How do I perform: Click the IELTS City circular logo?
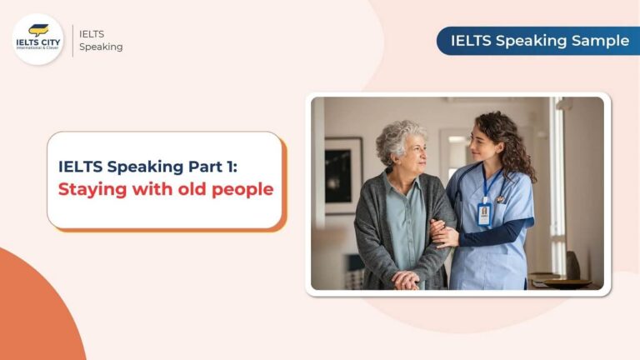tap(38, 39)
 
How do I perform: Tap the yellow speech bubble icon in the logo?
tap(38, 30)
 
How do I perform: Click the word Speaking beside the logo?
tap(101, 47)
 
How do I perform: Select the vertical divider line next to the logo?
tap(72, 39)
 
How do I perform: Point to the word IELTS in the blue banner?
tap(472, 40)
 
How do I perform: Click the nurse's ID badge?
tap(484, 213)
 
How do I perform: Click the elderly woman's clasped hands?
tap(406, 280)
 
